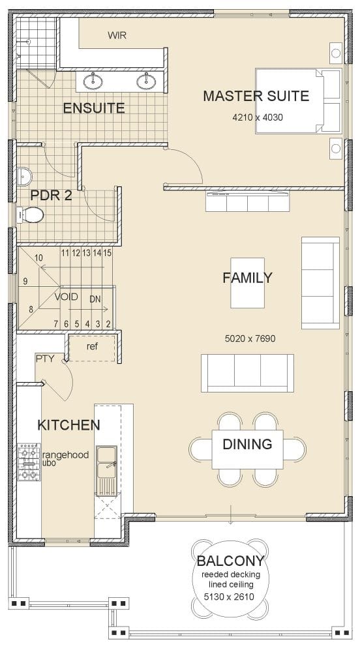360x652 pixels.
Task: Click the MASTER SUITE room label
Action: pos(256,96)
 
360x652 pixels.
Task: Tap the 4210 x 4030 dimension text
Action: pos(257,118)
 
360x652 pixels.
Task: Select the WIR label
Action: pos(117,36)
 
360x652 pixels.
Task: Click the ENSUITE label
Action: pos(93,108)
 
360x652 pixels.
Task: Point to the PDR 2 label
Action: pos(51,195)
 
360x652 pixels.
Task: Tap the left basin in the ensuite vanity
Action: pos(94,81)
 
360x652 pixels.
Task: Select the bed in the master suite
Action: pos(299,101)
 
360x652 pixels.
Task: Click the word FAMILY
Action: pos(247,278)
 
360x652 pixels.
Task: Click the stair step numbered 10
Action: pos(39,258)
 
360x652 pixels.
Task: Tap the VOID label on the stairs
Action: pos(66,297)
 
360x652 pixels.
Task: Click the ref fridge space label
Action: pos(92,346)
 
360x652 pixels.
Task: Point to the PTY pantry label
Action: pos(45,358)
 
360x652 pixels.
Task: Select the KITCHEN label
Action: pos(68,426)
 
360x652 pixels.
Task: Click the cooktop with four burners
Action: pos(28,462)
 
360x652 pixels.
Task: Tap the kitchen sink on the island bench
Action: pos(106,464)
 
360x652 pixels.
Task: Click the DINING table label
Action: pos(247,445)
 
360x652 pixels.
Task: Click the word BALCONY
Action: pos(230,561)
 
